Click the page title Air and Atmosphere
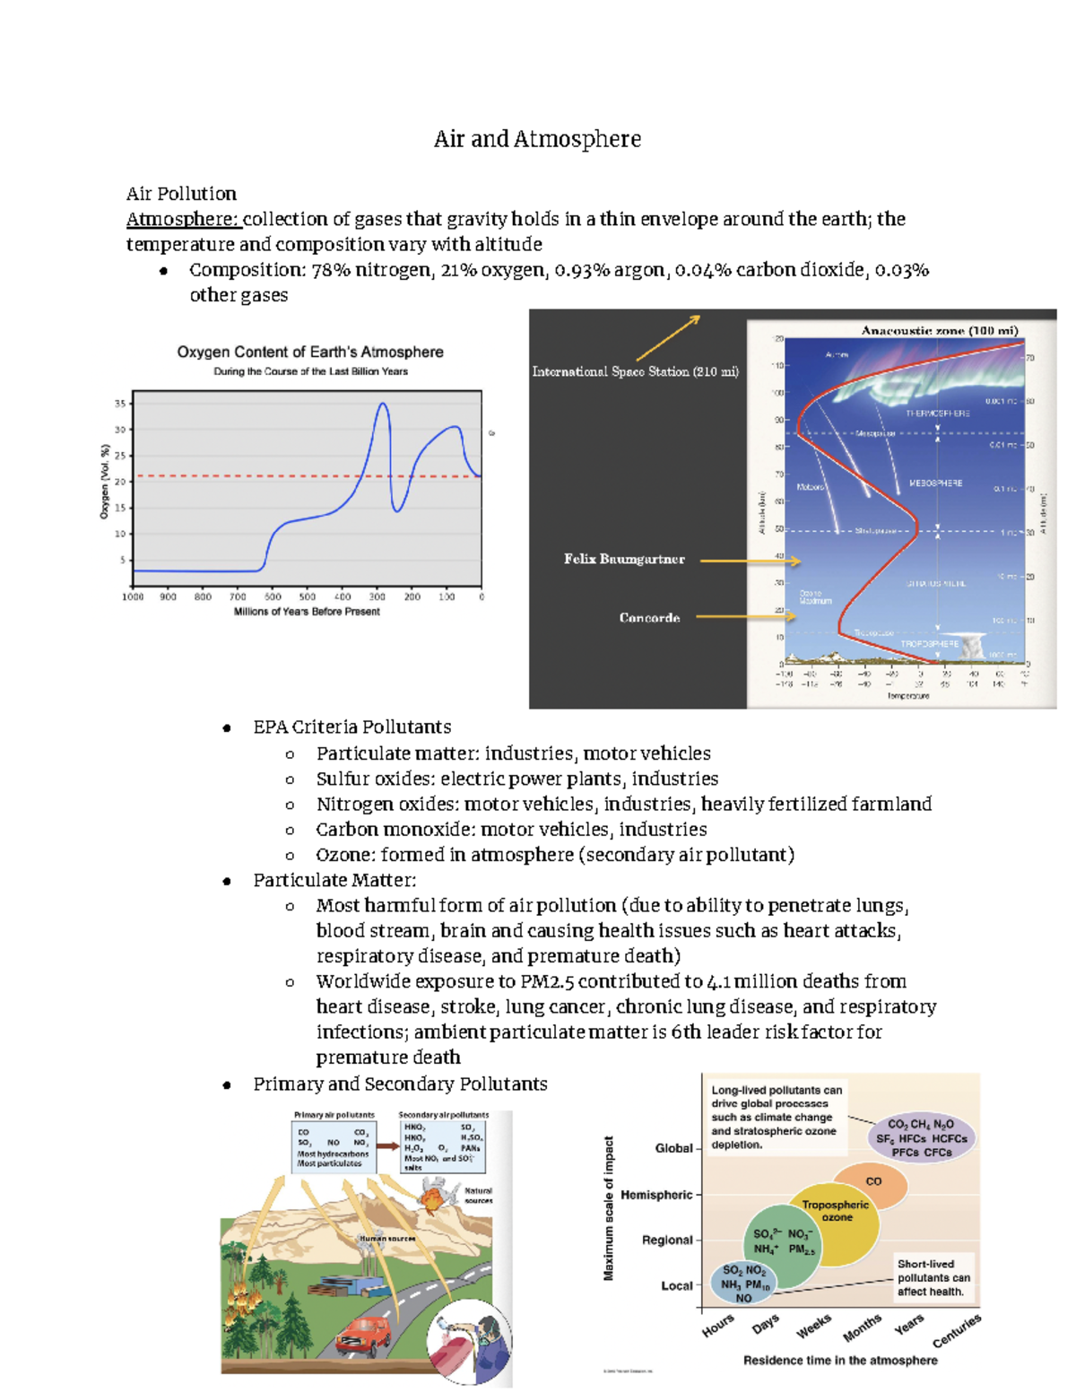537,139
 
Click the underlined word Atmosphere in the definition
182,220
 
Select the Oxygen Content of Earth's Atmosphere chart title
310,353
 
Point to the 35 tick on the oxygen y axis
120,404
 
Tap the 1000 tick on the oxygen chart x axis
133,596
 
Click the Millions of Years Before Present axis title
307,612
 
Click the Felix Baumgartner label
624,559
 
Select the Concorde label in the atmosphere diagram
649,618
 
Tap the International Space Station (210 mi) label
635,371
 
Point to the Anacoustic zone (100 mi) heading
940,331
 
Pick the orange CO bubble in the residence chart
871,1184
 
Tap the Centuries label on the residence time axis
958,1330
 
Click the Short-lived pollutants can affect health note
933,1277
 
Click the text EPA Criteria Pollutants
351,727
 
